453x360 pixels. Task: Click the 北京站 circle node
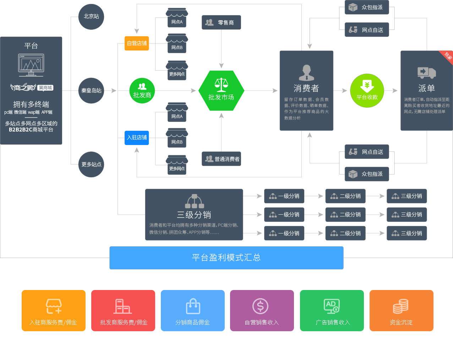click(x=91, y=17)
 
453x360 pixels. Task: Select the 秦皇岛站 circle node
click(x=91, y=91)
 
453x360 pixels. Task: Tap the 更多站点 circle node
click(x=91, y=165)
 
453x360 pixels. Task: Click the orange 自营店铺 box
click(x=137, y=43)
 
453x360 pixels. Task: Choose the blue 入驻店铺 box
click(x=137, y=138)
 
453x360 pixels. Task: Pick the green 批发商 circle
click(x=142, y=91)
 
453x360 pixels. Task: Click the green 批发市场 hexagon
click(x=221, y=91)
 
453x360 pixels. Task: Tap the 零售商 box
click(x=221, y=22)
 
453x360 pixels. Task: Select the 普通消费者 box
click(x=221, y=159)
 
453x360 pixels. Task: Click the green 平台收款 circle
click(x=367, y=91)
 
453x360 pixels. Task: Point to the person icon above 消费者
click(x=306, y=73)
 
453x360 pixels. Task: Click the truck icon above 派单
click(x=426, y=72)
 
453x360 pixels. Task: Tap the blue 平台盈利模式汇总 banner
click(x=226, y=258)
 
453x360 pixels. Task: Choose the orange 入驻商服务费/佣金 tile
click(x=54, y=311)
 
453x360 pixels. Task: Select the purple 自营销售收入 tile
click(x=262, y=311)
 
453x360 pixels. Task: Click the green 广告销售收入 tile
click(x=332, y=311)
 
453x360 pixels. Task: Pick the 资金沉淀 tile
click(x=402, y=311)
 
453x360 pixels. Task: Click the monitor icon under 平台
click(x=31, y=65)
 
